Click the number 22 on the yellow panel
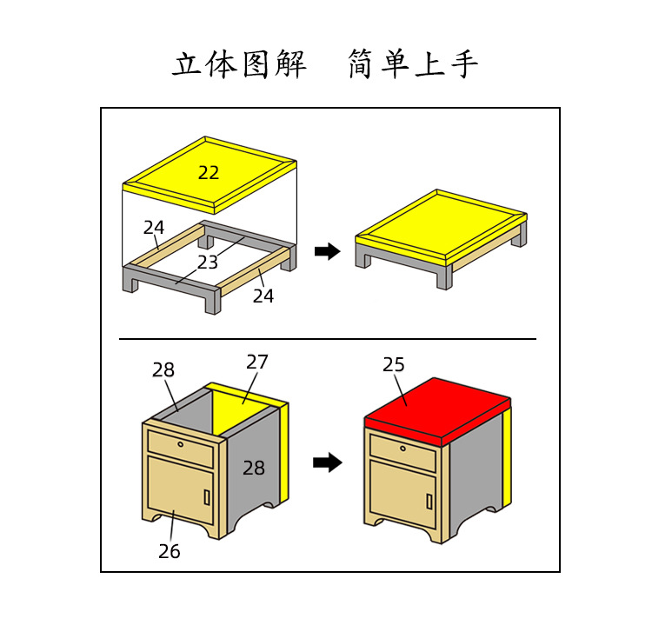point(209,173)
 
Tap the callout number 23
point(207,263)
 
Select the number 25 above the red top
point(394,365)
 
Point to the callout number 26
point(170,551)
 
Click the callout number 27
point(257,362)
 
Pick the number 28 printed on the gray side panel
point(254,468)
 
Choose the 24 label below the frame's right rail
point(263,296)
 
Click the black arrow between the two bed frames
point(327,251)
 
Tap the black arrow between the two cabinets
point(327,462)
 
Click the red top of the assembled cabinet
point(435,404)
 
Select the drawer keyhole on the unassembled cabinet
point(181,444)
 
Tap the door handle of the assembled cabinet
point(429,502)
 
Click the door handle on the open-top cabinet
point(206,496)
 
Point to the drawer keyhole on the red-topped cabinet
point(404,448)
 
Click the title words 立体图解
point(239,65)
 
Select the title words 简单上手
point(413,65)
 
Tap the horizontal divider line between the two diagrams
point(327,338)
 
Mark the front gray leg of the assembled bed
point(443,277)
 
